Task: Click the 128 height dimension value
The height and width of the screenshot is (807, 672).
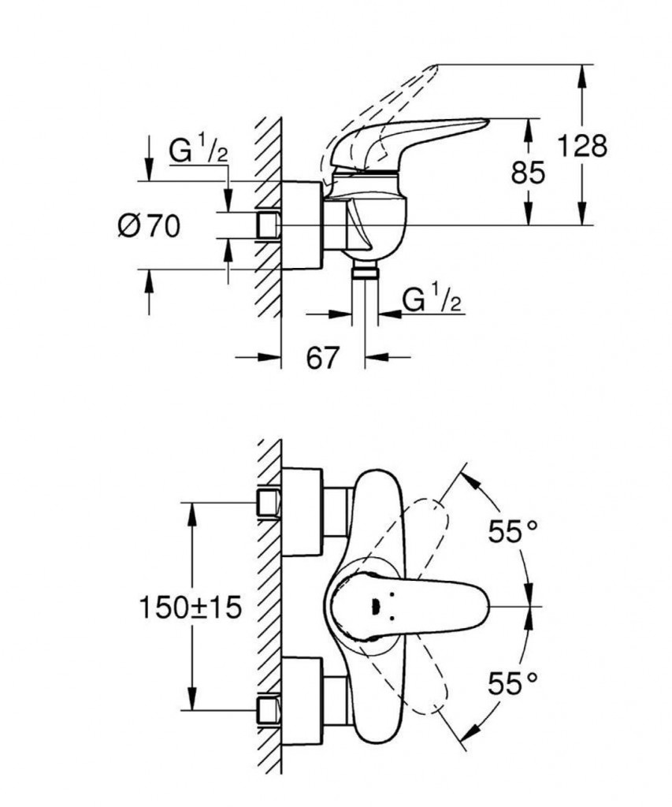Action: coord(583,146)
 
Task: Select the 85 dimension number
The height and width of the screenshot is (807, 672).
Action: coord(527,173)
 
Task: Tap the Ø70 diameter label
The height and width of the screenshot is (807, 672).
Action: coord(148,227)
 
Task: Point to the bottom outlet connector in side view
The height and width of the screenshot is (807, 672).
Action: coord(364,273)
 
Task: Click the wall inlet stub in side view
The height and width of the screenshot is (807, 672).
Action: coord(269,225)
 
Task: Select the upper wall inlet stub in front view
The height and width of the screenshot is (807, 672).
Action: coord(269,503)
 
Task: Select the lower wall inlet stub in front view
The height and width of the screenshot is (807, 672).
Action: coord(269,708)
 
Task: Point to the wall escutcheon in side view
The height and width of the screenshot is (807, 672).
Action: coord(301,225)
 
